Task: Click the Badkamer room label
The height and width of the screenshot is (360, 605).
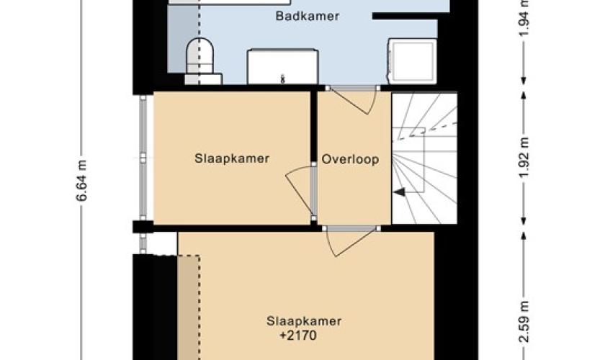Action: point(308,17)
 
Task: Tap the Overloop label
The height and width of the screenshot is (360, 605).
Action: point(350,159)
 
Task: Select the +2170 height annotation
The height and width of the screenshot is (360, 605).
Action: point(298,336)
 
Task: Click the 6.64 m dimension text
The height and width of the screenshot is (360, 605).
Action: point(82,181)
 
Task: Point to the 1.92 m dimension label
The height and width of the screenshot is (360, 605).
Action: point(524,158)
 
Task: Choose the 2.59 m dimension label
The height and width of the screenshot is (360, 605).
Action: point(524,322)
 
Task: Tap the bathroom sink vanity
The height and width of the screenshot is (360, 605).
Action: point(283,66)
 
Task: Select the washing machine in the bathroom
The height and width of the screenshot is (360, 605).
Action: point(413,61)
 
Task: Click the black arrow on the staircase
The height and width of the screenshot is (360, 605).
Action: point(399,192)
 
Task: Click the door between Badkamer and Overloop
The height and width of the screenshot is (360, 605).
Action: point(353,99)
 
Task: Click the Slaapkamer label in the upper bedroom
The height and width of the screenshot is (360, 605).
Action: point(232,158)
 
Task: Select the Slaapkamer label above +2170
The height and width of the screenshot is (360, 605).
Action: point(304,321)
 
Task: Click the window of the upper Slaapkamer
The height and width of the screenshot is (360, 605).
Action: point(143,158)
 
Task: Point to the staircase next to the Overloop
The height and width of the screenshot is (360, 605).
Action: point(424,158)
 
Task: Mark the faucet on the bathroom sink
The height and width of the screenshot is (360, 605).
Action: point(283,79)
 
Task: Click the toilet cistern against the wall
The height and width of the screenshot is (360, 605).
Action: point(203,79)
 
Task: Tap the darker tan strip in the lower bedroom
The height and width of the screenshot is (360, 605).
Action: point(189,307)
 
